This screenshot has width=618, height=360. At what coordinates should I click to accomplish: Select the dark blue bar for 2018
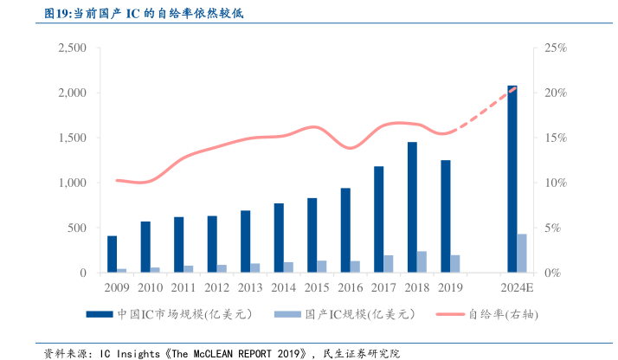coord(412,208)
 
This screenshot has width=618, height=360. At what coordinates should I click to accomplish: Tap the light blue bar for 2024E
coord(522,253)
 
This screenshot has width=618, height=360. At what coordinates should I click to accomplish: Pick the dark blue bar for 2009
coord(112,254)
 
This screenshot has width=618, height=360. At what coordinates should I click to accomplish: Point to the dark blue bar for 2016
coord(345,230)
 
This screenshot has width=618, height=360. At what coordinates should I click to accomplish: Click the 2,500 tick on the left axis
coord(72,48)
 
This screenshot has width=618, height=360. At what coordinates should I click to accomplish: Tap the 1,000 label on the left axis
coord(72,183)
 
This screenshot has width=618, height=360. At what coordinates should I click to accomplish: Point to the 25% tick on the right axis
coord(555,48)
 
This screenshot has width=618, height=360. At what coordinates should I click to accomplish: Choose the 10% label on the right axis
coord(555,183)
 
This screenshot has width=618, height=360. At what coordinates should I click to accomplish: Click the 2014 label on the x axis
coord(283,287)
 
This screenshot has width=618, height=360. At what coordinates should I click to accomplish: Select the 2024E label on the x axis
coord(518,287)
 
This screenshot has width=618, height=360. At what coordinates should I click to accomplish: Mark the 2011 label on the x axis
coord(183,287)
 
